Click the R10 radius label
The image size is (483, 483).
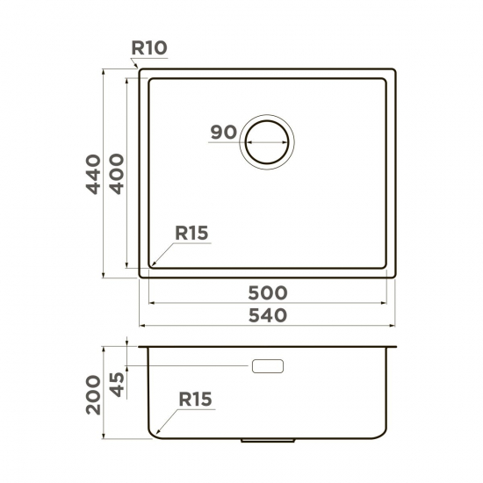point(149,48)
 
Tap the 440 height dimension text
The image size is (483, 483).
point(93,175)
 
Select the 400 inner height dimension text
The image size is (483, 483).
point(117,174)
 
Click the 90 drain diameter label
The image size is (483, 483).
point(224,132)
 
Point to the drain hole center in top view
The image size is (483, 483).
point(267,142)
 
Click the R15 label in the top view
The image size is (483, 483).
point(191,233)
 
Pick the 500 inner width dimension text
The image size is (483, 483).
point(268,293)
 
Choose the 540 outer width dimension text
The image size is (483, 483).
point(268,316)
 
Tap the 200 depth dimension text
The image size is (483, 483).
point(93,395)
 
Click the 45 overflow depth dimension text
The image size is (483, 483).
point(117,385)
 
